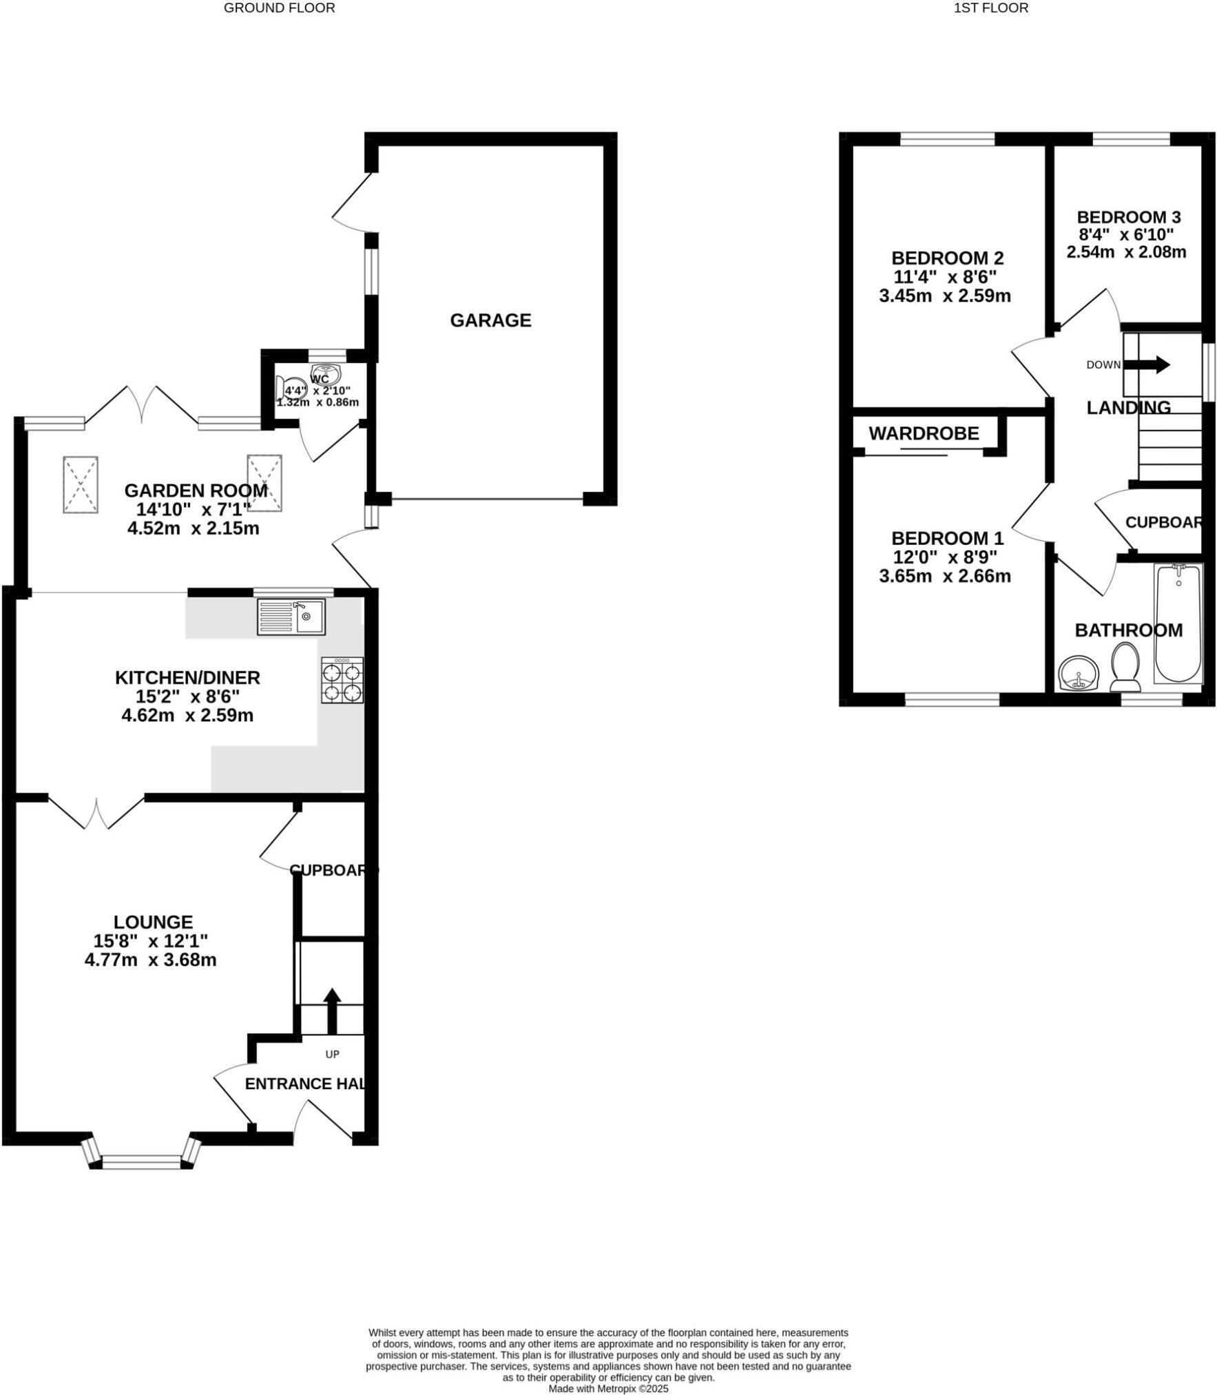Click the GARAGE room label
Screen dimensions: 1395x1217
click(x=490, y=320)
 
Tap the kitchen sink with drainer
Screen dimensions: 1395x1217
click(x=291, y=617)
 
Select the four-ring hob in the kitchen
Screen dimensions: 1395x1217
click(x=342, y=681)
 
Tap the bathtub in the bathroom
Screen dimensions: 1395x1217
click(x=1178, y=623)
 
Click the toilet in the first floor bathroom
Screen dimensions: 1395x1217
click(x=1125, y=667)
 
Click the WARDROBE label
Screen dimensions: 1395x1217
click(x=924, y=433)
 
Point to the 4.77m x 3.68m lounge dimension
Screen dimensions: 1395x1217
click(x=150, y=960)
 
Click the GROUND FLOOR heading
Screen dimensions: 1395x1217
click(x=279, y=8)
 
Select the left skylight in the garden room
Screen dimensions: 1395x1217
click(x=81, y=484)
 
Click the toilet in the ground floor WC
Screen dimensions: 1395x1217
click(x=290, y=387)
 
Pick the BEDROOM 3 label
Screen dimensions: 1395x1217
click(x=1128, y=217)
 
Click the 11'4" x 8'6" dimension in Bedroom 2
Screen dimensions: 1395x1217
click(x=944, y=277)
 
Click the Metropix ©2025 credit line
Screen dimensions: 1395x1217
click(x=608, y=1389)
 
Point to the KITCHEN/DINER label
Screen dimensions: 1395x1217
click(x=187, y=677)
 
